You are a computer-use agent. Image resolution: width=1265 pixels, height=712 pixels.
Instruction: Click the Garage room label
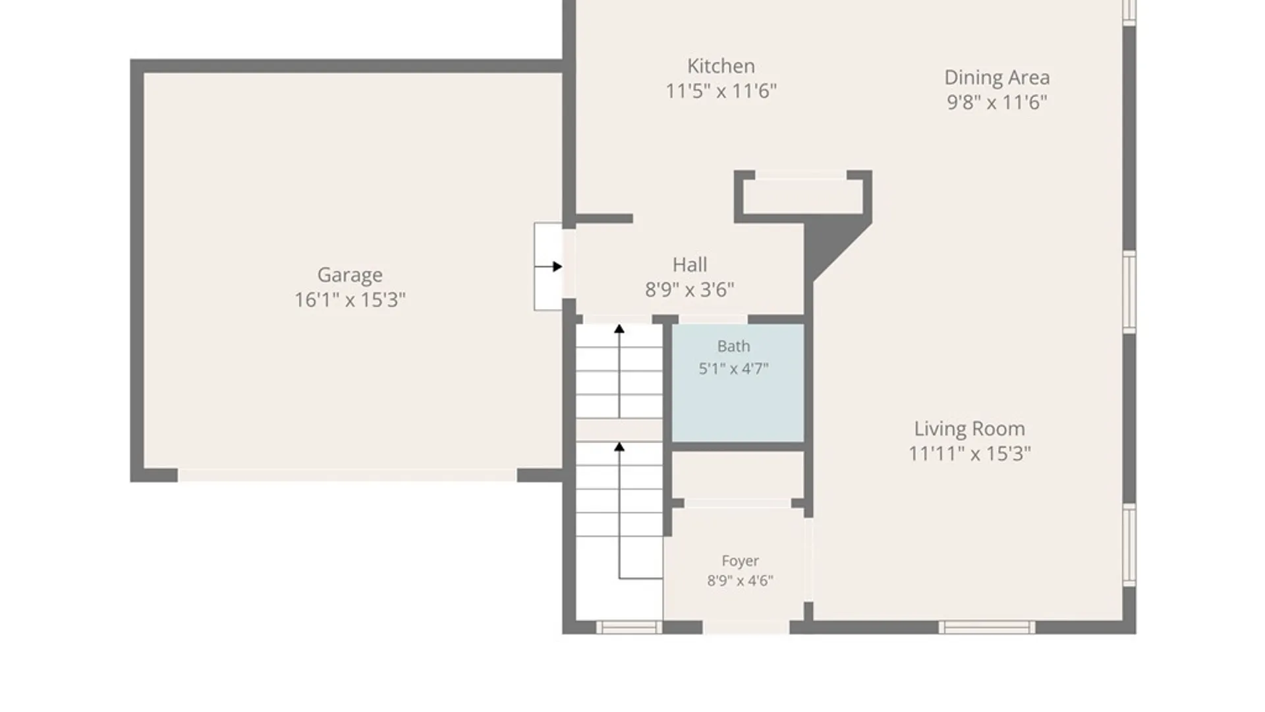pos(350,275)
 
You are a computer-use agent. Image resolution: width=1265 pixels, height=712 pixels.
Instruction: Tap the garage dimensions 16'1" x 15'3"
pos(350,300)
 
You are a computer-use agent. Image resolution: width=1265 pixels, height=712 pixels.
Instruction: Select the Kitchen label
pos(721,66)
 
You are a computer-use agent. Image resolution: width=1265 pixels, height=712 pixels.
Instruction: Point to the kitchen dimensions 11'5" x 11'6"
pos(721,91)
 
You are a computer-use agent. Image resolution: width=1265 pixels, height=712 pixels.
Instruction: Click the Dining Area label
pos(997,78)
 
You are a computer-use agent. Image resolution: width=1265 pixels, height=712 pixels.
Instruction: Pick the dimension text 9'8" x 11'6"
pos(997,102)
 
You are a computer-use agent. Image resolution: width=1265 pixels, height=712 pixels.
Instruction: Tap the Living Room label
pos(969,429)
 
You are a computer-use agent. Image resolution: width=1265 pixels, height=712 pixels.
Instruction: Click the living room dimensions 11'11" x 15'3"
pos(969,454)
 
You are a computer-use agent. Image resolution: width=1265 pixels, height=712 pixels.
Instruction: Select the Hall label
pos(690,265)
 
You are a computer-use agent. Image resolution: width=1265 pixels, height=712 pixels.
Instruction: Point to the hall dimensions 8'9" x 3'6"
pos(690,289)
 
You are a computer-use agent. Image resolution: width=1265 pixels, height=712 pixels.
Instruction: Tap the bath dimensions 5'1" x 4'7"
pos(733,369)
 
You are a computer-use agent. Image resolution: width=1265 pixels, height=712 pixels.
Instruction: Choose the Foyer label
pos(740,561)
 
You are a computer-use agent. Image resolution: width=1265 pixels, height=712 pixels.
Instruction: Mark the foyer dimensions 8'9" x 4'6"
pos(740,581)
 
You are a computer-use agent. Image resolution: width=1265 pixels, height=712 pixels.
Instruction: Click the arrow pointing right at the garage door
pos(548,266)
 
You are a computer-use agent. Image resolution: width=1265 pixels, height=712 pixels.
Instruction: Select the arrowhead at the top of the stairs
pos(619,328)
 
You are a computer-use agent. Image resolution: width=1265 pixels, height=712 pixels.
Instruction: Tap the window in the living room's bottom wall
pos(986,627)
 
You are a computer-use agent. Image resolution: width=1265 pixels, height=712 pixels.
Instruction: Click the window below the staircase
pos(629,627)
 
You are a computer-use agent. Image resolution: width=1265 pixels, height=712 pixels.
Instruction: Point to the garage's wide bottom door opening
pos(347,475)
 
